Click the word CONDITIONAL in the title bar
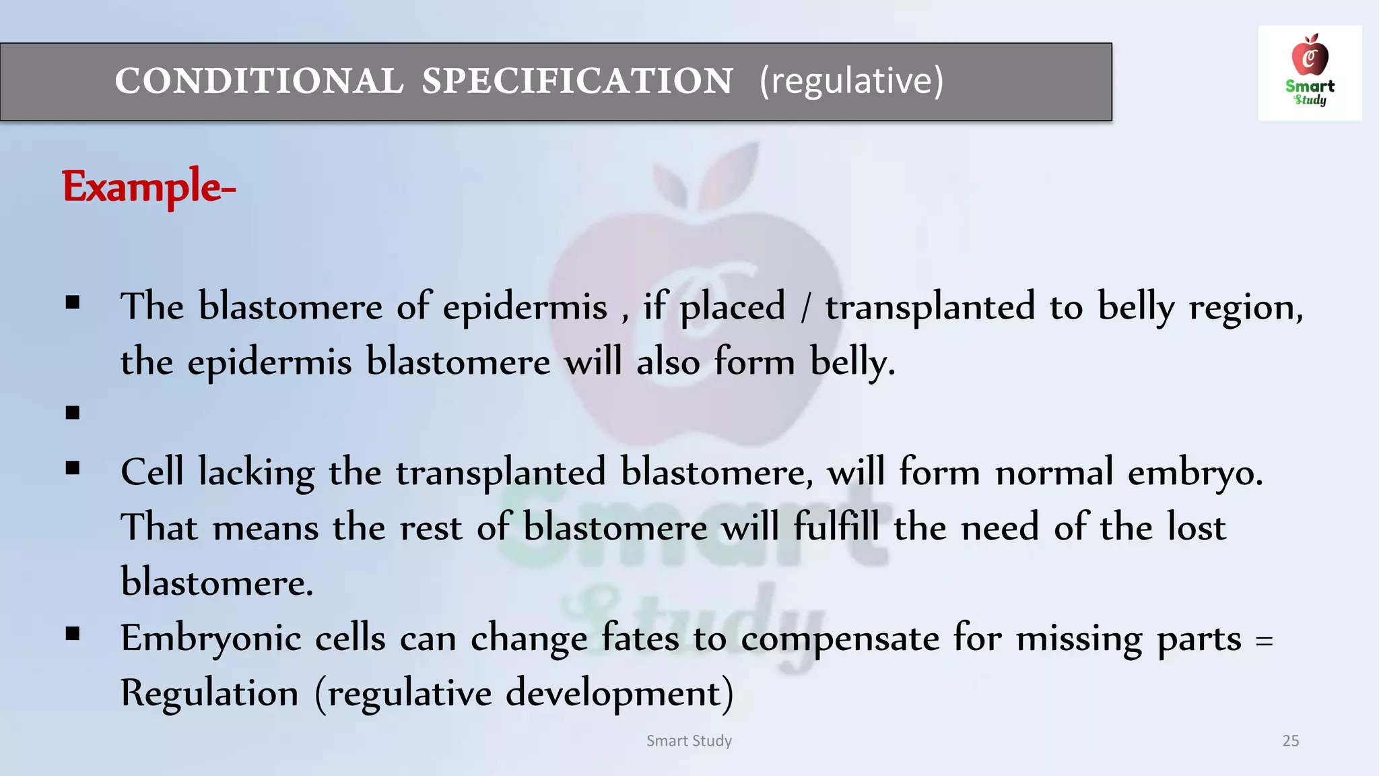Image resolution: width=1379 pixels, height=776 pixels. [259, 82]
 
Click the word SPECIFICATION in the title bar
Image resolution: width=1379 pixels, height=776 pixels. [577, 82]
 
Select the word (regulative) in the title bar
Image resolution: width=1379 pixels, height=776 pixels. [851, 82]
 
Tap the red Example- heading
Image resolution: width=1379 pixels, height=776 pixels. [149, 187]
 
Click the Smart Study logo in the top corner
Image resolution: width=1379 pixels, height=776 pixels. [1310, 73]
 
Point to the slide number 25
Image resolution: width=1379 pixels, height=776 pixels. [1290, 740]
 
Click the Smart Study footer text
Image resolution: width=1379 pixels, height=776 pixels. [689, 740]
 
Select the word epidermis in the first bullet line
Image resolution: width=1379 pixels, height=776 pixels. [525, 308]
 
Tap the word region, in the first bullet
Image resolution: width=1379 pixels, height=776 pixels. [1246, 308]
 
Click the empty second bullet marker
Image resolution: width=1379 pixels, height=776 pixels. [73, 412]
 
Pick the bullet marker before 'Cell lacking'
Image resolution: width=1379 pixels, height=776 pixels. [73, 467]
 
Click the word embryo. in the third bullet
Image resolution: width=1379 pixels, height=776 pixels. [1195, 473]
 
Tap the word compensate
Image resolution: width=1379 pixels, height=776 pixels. [840, 639]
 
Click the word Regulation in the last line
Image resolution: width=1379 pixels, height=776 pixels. [209, 693]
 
